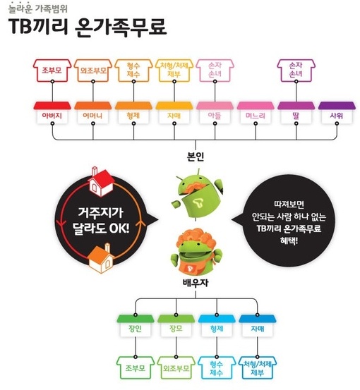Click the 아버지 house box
[x=52, y=113]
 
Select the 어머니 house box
[x=93, y=113]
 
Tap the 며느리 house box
[x=256, y=113]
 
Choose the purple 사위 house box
[x=337, y=113]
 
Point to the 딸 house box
[x=296, y=113]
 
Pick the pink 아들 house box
[x=215, y=113]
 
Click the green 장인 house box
[x=136, y=326]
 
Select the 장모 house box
[x=176, y=326]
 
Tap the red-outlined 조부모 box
[x=52, y=71]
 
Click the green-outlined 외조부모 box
[x=176, y=368]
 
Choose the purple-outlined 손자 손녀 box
[x=296, y=71]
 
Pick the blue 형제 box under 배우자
[x=217, y=326]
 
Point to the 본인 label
[x=196, y=157]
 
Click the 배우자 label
[x=196, y=283]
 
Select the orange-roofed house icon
[x=102, y=258]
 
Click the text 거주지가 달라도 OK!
[x=101, y=221]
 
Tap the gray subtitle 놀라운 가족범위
[x=38, y=8]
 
